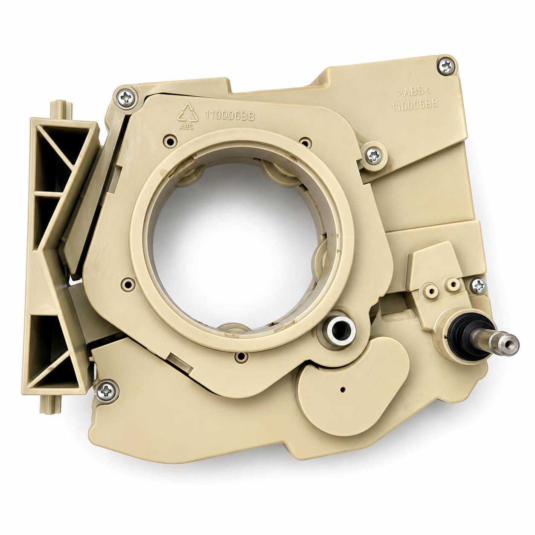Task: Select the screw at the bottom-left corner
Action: pos(108,391)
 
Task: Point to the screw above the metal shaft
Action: pos(479,285)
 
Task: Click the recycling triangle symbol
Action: pos(189,113)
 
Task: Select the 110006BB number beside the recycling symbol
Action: pos(230,116)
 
